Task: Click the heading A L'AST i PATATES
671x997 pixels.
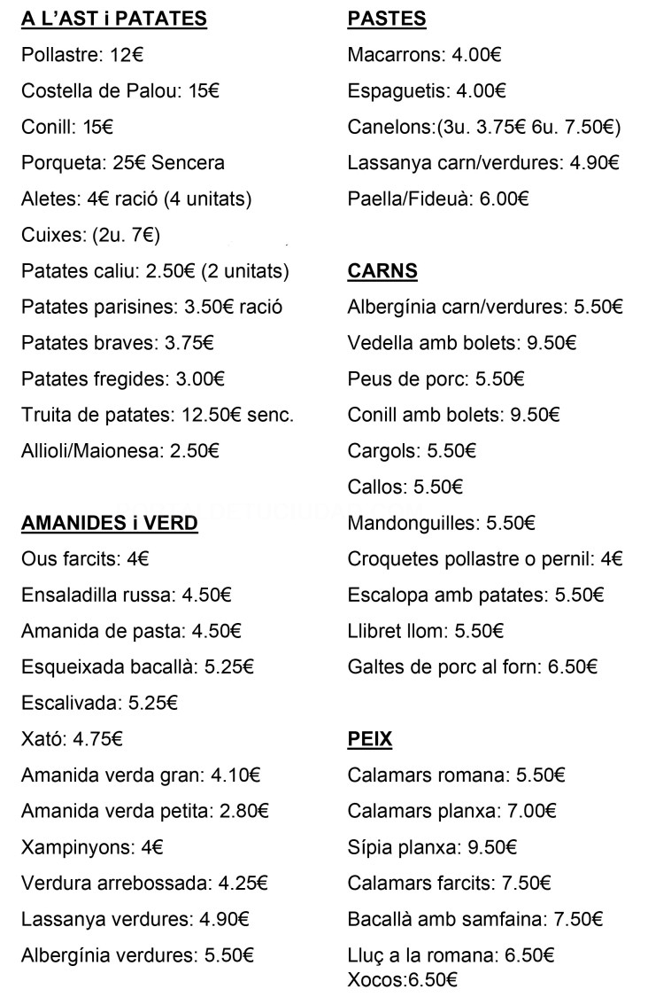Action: (114, 19)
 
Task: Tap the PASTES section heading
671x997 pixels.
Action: (387, 19)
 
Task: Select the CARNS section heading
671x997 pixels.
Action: (382, 271)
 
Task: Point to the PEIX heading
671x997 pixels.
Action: (370, 739)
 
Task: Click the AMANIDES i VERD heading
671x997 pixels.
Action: (110, 524)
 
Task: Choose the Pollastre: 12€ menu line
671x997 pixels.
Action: (82, 55)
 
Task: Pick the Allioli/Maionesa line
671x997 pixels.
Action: (120, 451)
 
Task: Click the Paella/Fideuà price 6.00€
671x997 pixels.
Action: (504, 199)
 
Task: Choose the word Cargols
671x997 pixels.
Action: (382, 451)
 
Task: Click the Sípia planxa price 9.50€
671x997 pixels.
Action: (492, 847)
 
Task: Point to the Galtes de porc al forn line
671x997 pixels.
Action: (473, 667)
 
